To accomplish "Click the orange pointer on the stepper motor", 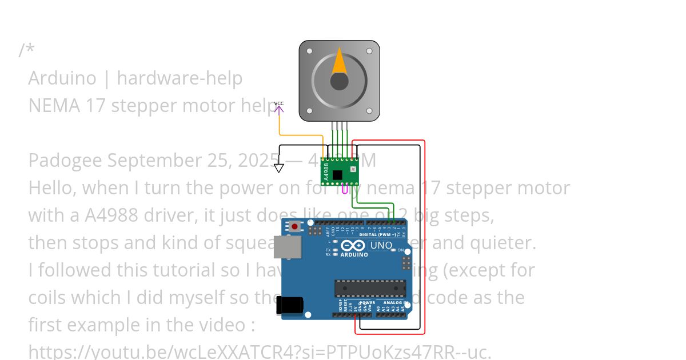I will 339,62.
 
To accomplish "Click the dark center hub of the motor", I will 339,81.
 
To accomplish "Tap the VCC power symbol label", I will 279,104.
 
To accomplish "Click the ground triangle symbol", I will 278,168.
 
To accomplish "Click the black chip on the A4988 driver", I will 337,175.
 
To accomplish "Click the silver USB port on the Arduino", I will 288,247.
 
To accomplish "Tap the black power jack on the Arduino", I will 289,305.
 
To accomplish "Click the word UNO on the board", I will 381,246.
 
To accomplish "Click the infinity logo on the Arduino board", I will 353,246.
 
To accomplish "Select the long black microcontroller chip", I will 370,289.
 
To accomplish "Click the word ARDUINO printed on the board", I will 354,255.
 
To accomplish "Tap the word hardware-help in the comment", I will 180,78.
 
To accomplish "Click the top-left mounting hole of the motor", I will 310,51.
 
